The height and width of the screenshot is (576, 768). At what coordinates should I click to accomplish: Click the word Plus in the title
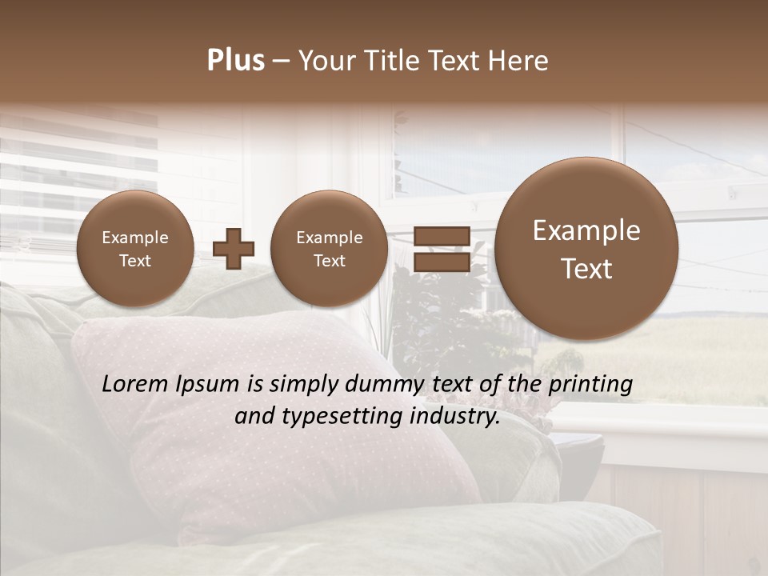pyautogui.click(x=235, y=61)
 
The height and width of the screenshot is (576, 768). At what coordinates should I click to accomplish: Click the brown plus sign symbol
pyautogui.click(x=234, y=250)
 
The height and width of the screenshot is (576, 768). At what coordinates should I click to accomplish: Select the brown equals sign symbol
pyautogui.click(x=442, y=249)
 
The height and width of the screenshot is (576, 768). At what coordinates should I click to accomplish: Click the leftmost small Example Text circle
pyautogui.click(x=134, y=249)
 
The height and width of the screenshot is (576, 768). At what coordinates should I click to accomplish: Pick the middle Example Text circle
pyautogui.click(x=329, y=249)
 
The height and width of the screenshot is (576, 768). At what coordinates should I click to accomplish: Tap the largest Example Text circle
pyautogui.click(x=586, y=249)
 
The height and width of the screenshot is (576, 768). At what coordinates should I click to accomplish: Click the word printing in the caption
pyautogui.click(x=590, y=384)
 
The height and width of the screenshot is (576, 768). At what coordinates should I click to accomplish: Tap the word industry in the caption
pyautogui.click(x=456, y=416)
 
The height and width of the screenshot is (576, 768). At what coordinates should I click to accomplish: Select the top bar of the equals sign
pyautogui.click(x=442, y=236)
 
